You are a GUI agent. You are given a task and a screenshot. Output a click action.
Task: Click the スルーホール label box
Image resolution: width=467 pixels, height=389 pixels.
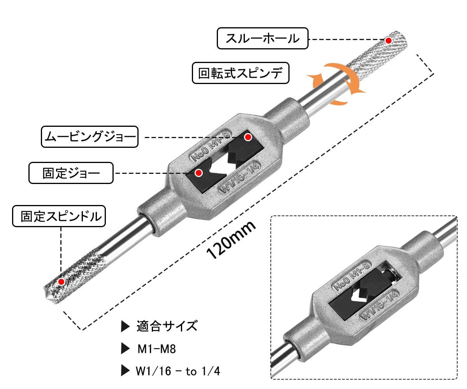(262, 38)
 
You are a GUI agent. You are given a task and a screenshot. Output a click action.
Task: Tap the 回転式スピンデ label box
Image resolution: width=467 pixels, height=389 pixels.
(241, 73)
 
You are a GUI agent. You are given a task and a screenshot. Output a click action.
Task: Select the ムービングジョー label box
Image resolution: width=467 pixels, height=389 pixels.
(90, 137)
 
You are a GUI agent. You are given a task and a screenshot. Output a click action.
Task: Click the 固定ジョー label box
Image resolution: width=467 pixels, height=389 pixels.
(71, 173)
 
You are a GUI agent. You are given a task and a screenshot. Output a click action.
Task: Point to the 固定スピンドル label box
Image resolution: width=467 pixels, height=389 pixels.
(59, 216)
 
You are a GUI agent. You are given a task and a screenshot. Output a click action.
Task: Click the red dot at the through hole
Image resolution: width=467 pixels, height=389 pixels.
(388, 40)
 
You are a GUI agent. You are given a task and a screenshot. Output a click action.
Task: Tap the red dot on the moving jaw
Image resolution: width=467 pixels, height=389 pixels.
(248, 137)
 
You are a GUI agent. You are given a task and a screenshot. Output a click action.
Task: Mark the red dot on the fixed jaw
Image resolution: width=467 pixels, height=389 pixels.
(198, 173)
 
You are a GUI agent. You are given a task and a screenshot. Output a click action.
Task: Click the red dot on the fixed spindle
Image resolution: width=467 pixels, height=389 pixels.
(61, 282)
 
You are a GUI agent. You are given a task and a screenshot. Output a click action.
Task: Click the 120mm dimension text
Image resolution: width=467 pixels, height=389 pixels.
(231, 240)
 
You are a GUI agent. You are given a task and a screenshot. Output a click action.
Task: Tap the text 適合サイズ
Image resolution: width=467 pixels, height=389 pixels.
(167, 326)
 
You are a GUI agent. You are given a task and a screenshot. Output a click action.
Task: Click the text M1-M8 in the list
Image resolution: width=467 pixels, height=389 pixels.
(157, 349)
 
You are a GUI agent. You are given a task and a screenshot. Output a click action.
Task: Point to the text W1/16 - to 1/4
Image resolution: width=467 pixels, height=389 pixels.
(179, 371)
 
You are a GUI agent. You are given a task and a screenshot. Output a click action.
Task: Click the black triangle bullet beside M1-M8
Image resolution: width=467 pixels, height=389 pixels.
(125, 349)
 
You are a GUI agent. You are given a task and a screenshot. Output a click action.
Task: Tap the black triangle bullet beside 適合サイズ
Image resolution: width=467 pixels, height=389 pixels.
(125, 326)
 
